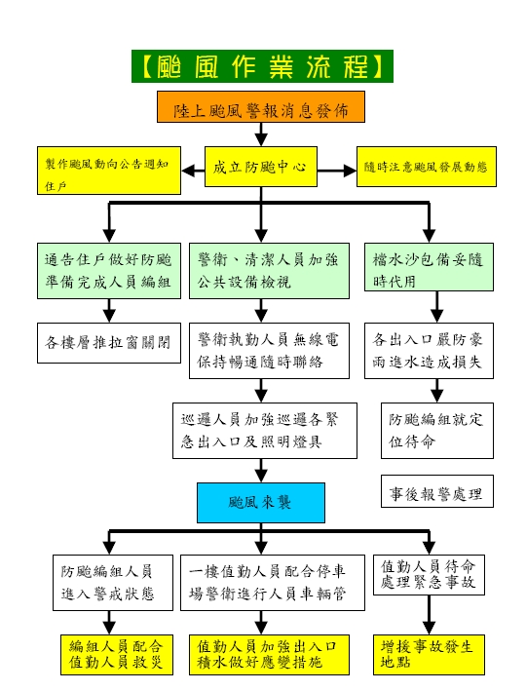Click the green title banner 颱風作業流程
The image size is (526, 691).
pyautogui.click(x=262, y=66)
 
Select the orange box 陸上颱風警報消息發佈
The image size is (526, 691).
pyautogui.click(x=261, y=106)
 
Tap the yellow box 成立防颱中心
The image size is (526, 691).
pyautogui.click(x=261, y=167)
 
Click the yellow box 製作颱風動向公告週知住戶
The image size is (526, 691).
pyautogui.click(x=109, y=171)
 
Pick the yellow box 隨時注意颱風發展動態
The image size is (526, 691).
pyautogui.click(x=427, y=167)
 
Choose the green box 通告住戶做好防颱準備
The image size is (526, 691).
pyautogui.click(x=109, y=271)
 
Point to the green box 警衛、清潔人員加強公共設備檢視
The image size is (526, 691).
pyautogui.click(x=269, y=271)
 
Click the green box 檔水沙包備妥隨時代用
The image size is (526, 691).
pyautogui.click(x=429, y=267)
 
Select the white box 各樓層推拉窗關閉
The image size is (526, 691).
pyautogui.click(x=109, y=343)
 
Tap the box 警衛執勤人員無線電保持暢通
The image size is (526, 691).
pyautogui.click(x=269, y=351)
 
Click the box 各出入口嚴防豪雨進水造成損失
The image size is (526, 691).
pyautogui.click(x=429, y=351)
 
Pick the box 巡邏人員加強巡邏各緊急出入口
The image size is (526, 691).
pyautogui.click(x=265, y=431)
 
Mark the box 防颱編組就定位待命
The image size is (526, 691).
pyautogui.click(x=437, y=431)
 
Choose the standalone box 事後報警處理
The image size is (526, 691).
pyautogui.click(x=437, y=491)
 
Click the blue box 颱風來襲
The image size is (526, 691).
pyautogui.click(x=261, y=503)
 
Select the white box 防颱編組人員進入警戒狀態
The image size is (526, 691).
pyautogui.click(x=113, y=583)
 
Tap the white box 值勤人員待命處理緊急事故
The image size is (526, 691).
pyautogui.click(x=429, y=575)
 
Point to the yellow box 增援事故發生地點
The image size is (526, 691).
pyautogui.click(x=429, y=655)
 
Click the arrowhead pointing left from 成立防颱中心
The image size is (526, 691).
pyautogui.click(x=187, y=171)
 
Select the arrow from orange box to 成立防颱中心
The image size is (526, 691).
pyautogui.click(x=261, y=134)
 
